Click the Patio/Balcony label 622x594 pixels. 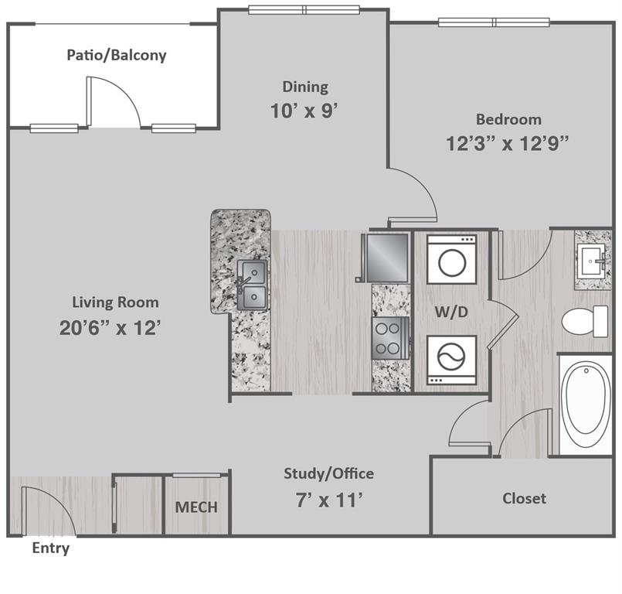116,56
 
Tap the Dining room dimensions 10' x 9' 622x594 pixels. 304,111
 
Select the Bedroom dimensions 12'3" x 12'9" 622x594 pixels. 508,143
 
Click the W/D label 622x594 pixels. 451,312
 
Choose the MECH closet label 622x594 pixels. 195,507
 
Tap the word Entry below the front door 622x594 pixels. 51,548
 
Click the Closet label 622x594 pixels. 524,498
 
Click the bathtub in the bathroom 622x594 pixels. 585,405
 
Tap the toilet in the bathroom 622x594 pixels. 586,321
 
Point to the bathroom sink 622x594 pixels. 594,261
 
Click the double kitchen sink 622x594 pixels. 252,284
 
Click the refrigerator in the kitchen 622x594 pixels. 387,257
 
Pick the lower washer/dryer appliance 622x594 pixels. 451,360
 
